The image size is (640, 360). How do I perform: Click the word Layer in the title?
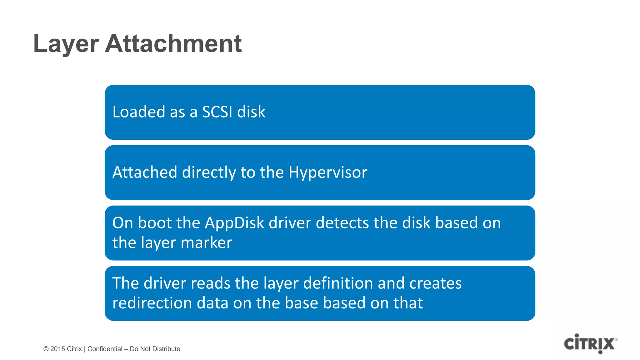coord(66,44)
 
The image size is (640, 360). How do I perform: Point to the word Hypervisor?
coord(328,173)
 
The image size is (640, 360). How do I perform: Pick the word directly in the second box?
coord(209,173)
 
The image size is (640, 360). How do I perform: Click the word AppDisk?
coord(234,223)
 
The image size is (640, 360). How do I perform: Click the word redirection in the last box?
coord(152,303)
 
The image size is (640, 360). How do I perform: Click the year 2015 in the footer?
coord(57,349)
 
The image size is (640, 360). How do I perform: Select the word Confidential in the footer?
coord(105,349)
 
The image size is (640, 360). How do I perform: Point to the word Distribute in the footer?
coord(166,349)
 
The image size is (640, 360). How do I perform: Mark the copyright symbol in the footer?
coord(46,349)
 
